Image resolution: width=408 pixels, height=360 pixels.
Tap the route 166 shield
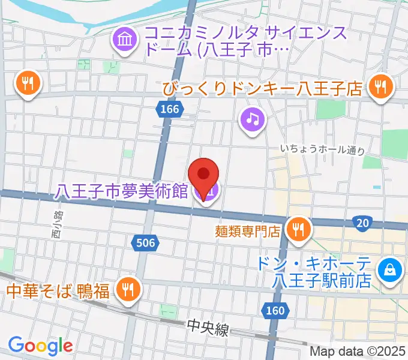click(170, 109)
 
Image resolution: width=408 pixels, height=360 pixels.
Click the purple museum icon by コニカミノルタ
click(124, 41)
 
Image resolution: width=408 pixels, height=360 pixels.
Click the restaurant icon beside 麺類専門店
click(298, 228)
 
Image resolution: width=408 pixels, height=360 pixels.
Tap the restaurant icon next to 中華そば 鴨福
click(127, 290)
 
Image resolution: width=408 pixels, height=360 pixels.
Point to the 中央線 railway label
click(208, 328)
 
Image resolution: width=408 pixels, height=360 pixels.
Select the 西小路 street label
click(58, 223)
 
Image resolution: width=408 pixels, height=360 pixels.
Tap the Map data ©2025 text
click(358, 351)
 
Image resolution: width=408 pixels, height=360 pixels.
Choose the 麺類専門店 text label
click(248, 230)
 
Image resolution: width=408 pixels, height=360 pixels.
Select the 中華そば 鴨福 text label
click(58, 292)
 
